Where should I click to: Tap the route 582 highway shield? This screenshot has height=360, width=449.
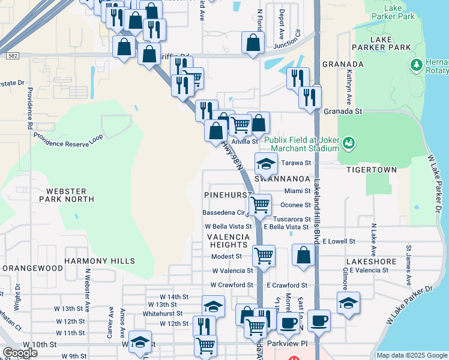click(x=12, y=56)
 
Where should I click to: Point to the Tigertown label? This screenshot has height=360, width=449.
click(x=372, y=170)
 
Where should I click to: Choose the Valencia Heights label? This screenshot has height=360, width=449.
click(x=228, y=241)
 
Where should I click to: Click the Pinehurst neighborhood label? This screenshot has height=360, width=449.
click(x=227, y=196)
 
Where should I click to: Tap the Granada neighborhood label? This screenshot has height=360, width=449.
click(x=343, y=64)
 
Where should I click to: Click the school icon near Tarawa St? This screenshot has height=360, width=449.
click(x=266, y=163)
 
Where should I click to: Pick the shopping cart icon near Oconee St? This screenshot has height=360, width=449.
click(x=260, y=204)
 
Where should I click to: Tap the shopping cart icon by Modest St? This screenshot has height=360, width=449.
click(x=264, y=256)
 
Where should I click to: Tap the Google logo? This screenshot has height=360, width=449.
click(x=20, y=353)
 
